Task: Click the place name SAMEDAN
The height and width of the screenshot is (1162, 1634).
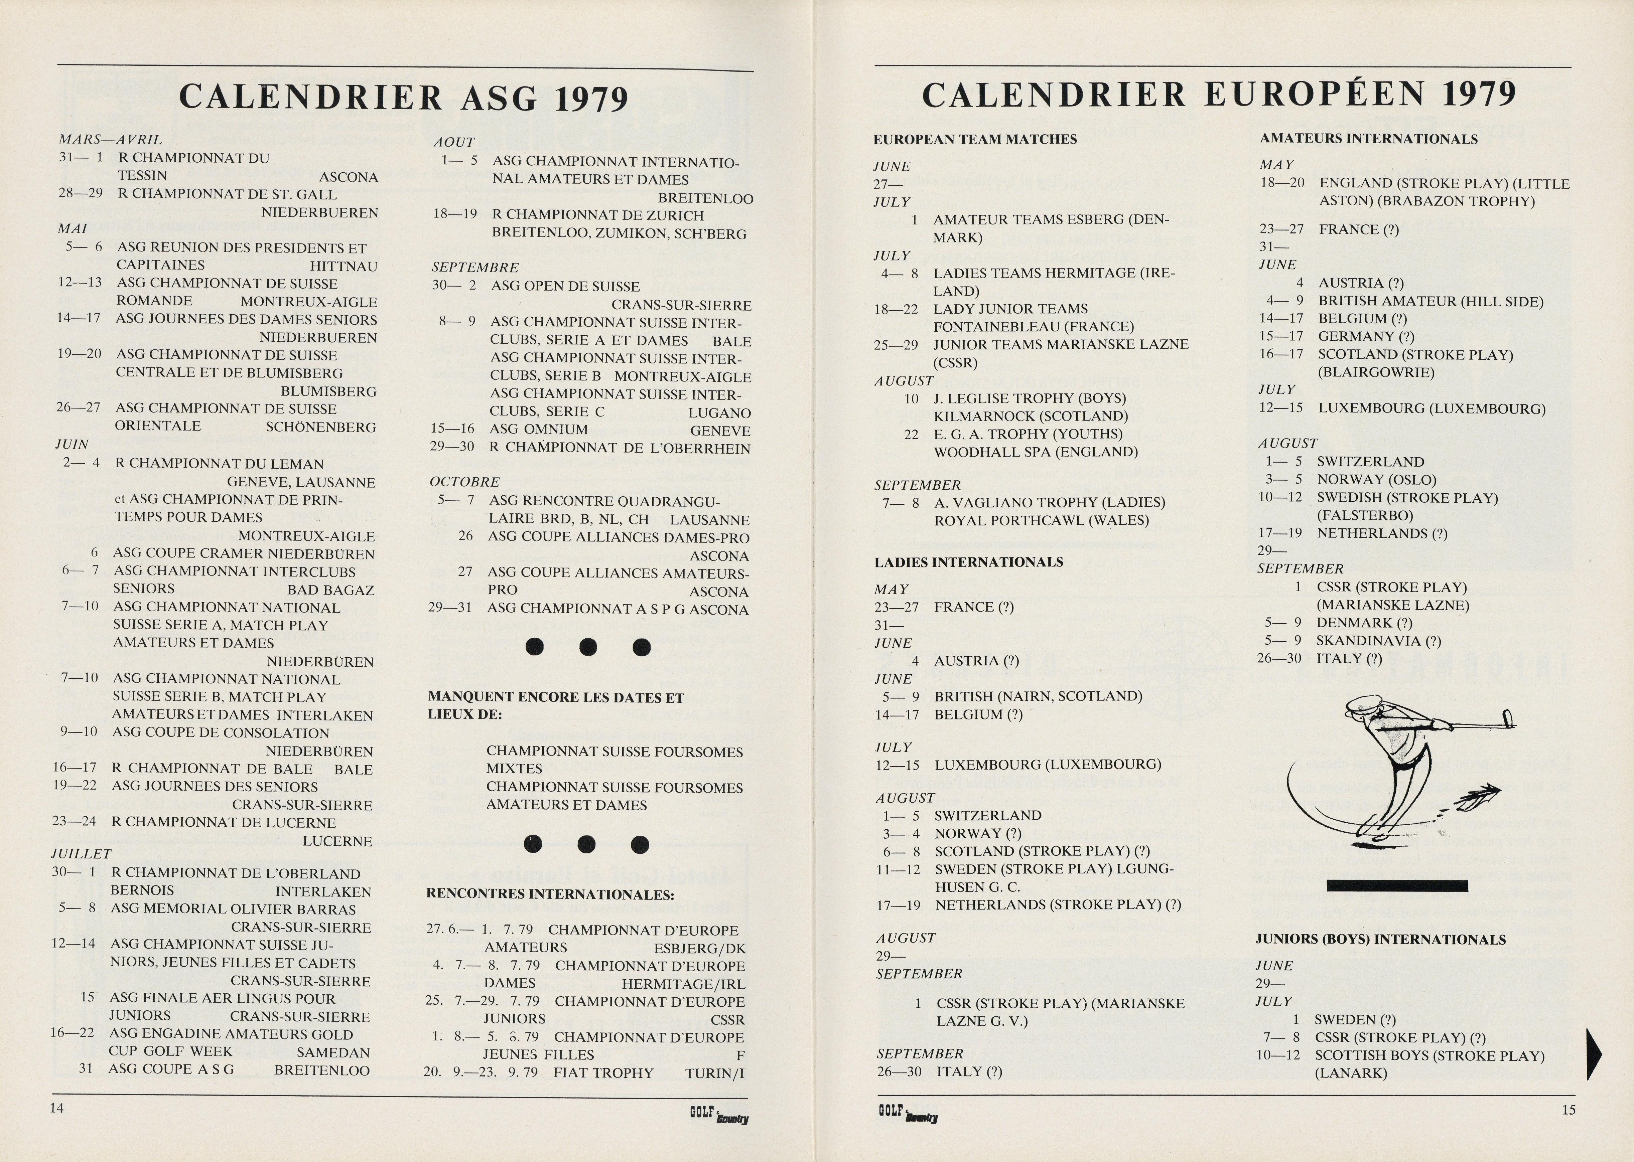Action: coord(333,1052)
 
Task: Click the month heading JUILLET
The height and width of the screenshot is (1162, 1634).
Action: coord(82,854)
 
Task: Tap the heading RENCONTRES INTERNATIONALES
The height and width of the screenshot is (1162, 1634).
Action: coord(550,894)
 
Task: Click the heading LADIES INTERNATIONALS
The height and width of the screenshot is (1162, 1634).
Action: coord(968,562)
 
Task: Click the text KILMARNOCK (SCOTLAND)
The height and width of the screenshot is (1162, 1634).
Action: coord(1031,417)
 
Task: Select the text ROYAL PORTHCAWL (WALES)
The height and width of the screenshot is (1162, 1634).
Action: coord(1041,521)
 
